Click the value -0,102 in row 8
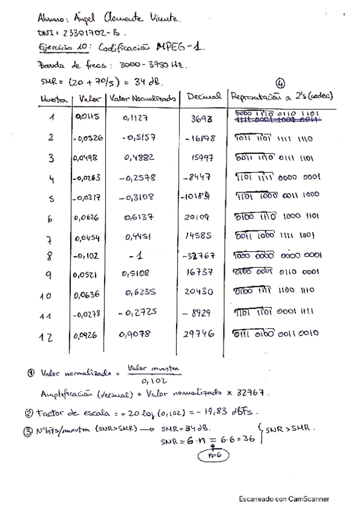pos(87,256)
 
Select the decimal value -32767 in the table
pos(202,256)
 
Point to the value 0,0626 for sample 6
pos(87,217)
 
